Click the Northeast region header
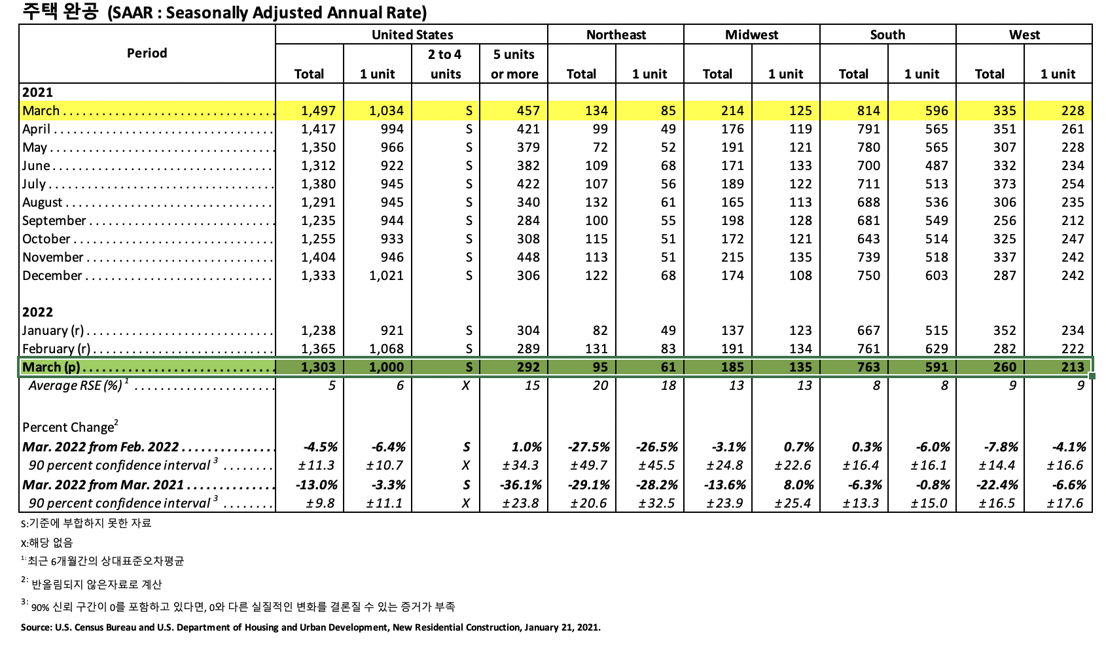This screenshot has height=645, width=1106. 616,35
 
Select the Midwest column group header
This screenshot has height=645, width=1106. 751,35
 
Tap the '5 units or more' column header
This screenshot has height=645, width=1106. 514,64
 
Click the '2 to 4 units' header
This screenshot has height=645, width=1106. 445,64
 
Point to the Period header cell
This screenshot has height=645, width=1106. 147,53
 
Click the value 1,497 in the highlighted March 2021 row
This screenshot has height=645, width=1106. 318,111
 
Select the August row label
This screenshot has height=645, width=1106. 43,202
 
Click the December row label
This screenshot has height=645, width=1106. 52,275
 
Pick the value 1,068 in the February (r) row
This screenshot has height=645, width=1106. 386,349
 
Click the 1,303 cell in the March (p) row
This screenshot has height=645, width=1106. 318,367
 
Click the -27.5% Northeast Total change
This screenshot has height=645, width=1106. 589,447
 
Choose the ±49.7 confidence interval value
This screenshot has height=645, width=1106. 589,465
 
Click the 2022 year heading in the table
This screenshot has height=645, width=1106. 37,312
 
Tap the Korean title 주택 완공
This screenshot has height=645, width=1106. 60,12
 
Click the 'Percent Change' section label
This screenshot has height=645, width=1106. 69,427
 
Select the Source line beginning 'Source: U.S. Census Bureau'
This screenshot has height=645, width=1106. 310,627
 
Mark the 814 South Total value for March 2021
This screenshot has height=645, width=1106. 868,111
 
